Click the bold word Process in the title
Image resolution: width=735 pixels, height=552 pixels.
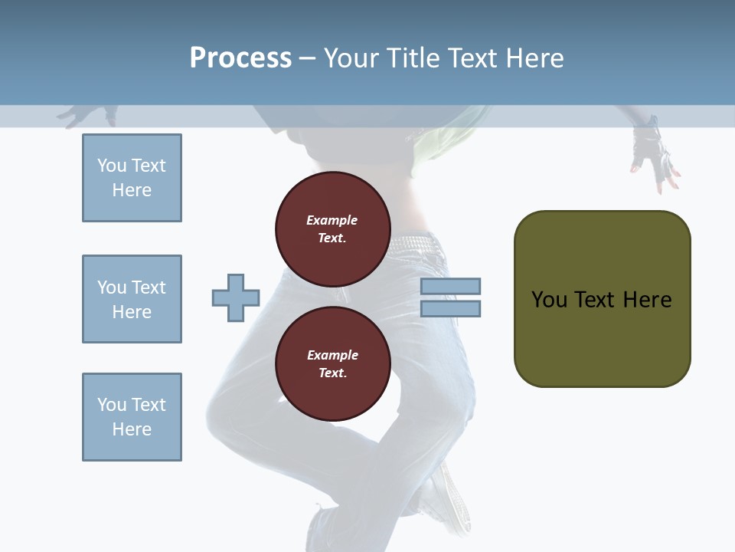point(240,58)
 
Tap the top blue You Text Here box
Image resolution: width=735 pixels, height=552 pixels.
point(132,178)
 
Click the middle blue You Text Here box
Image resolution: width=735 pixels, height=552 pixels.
point(132,299)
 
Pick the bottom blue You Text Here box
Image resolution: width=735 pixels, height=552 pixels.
point(132,417)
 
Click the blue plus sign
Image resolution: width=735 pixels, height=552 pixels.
point(236,298)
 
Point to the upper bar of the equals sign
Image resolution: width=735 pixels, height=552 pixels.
point(450,287)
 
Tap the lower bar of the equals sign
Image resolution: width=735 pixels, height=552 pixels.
point(450,309)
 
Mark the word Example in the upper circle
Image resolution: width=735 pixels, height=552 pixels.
point(332,220)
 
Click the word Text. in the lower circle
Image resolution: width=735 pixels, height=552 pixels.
point(332,373)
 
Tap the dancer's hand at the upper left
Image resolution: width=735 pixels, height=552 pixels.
point(84,115)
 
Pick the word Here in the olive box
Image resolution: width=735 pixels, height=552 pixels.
point(647,300)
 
